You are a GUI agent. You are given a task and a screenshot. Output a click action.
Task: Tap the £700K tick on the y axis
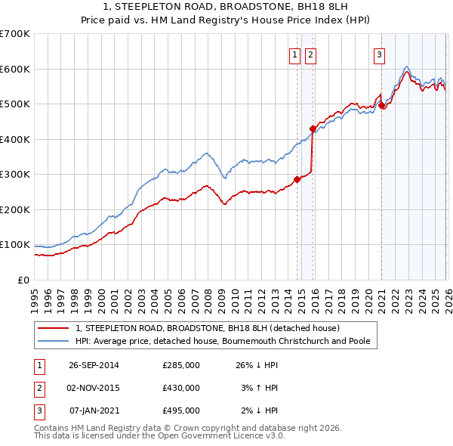pos(15,34)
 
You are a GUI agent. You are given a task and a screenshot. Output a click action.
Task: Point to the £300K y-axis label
pos(15,175)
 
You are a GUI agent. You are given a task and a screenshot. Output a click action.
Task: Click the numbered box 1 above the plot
pos(294,54)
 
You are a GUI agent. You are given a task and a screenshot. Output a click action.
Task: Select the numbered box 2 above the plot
pos(310,54)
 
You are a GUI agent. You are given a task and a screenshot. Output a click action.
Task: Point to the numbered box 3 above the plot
pos(379,54)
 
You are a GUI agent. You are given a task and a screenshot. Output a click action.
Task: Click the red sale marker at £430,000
pos(313,129)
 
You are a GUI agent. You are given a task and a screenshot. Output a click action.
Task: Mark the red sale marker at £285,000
pos(297,179)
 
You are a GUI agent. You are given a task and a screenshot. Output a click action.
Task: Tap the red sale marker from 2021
pos(382,106)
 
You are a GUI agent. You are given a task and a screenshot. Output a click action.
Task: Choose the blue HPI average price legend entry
pos(223,341)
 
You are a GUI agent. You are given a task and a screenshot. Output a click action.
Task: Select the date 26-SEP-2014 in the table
pos(94,365)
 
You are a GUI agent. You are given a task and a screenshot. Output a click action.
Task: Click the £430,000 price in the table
pos(181,388)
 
